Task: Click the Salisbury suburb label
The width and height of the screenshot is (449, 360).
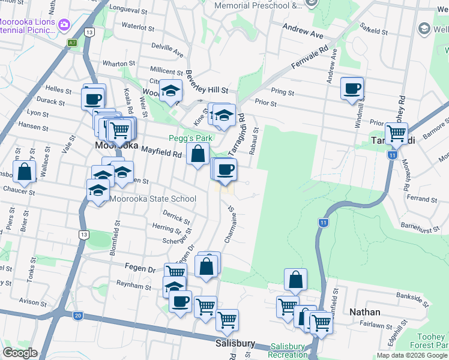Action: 235,344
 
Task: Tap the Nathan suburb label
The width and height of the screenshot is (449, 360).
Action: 365,312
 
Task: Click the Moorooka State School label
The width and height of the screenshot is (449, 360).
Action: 152,199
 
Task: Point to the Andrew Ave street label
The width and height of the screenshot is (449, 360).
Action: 303,28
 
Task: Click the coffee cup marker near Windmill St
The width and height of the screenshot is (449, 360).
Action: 352,88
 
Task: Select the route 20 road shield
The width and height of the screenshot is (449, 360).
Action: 78,316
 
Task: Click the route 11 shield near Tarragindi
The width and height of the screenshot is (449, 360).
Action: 392,155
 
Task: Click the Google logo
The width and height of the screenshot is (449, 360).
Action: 19,353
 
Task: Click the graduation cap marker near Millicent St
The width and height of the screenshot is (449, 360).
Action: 170,91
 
